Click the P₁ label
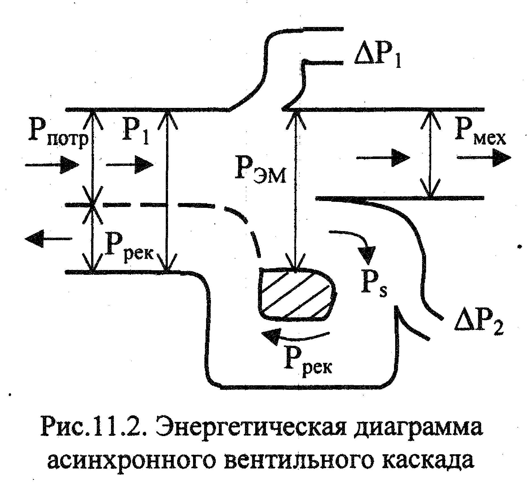pos(135,132)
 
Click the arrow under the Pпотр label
pos(51,164)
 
